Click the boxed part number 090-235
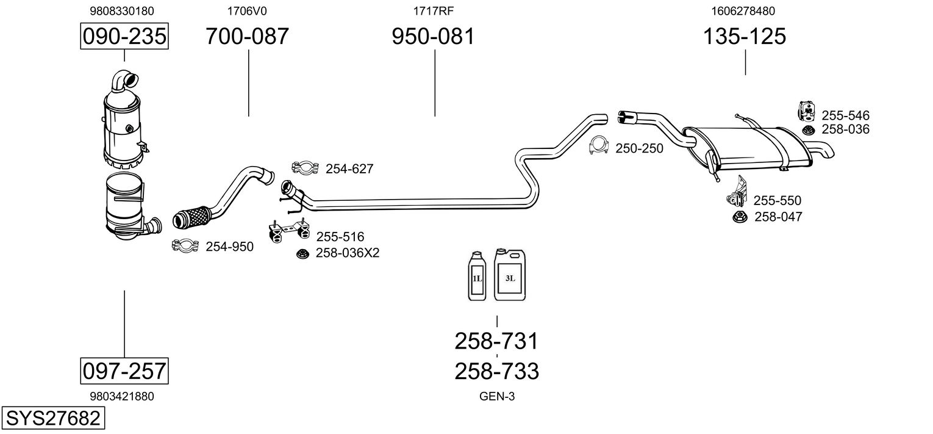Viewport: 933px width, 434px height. coord(124,37)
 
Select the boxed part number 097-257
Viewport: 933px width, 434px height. coord(124,371)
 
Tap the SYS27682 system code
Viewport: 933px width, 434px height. coord(52,419)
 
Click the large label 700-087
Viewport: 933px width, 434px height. coord(247,37)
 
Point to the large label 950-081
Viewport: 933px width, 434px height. coord(433,37)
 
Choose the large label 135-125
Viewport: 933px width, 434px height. coord(745,37)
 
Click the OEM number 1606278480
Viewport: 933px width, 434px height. coord(743,10)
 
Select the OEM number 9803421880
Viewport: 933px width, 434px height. coord(121,396)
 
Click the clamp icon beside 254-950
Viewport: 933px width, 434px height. coord(185,245)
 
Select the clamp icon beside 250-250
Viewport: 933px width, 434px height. coord(600,146)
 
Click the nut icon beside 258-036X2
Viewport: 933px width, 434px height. coord(302,253)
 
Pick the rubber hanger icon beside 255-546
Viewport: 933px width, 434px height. coord(807,110)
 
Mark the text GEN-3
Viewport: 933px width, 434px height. coord(497,396)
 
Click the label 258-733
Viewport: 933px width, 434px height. coord(496,371)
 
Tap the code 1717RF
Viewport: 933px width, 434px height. coord(433,10)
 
